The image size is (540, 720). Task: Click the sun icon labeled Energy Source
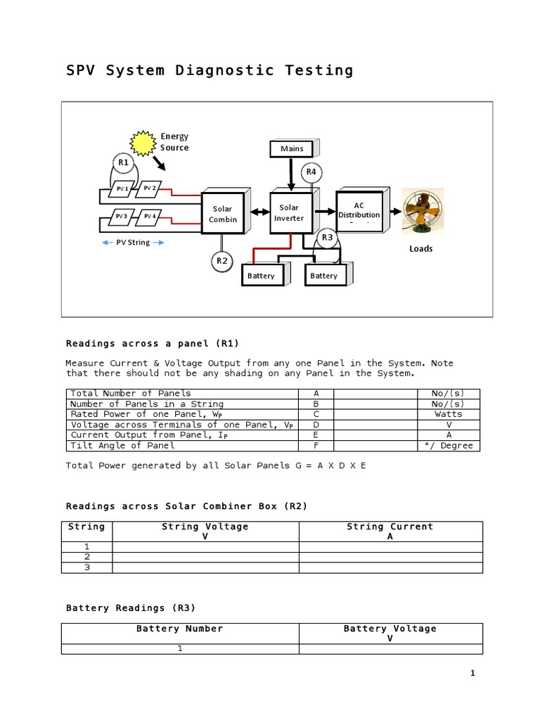click(144, 143)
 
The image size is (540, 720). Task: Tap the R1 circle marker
click(124, 163)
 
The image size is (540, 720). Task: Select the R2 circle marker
click(222, 262)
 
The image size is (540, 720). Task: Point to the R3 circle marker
click(327, 238)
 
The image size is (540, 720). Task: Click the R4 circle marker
click(311, 172)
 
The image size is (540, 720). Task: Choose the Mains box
click(292, 148)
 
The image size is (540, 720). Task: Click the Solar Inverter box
click(289, 212)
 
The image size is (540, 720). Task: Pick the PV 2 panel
click(149, 188)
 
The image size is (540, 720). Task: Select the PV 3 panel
click(122, 217)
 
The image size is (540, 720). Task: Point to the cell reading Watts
click(449, 414)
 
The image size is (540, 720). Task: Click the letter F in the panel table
click(316, 446)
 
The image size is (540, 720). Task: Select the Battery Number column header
click(180, 629)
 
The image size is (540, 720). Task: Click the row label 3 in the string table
click(87, 567)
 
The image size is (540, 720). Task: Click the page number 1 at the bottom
click(473, 674)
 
